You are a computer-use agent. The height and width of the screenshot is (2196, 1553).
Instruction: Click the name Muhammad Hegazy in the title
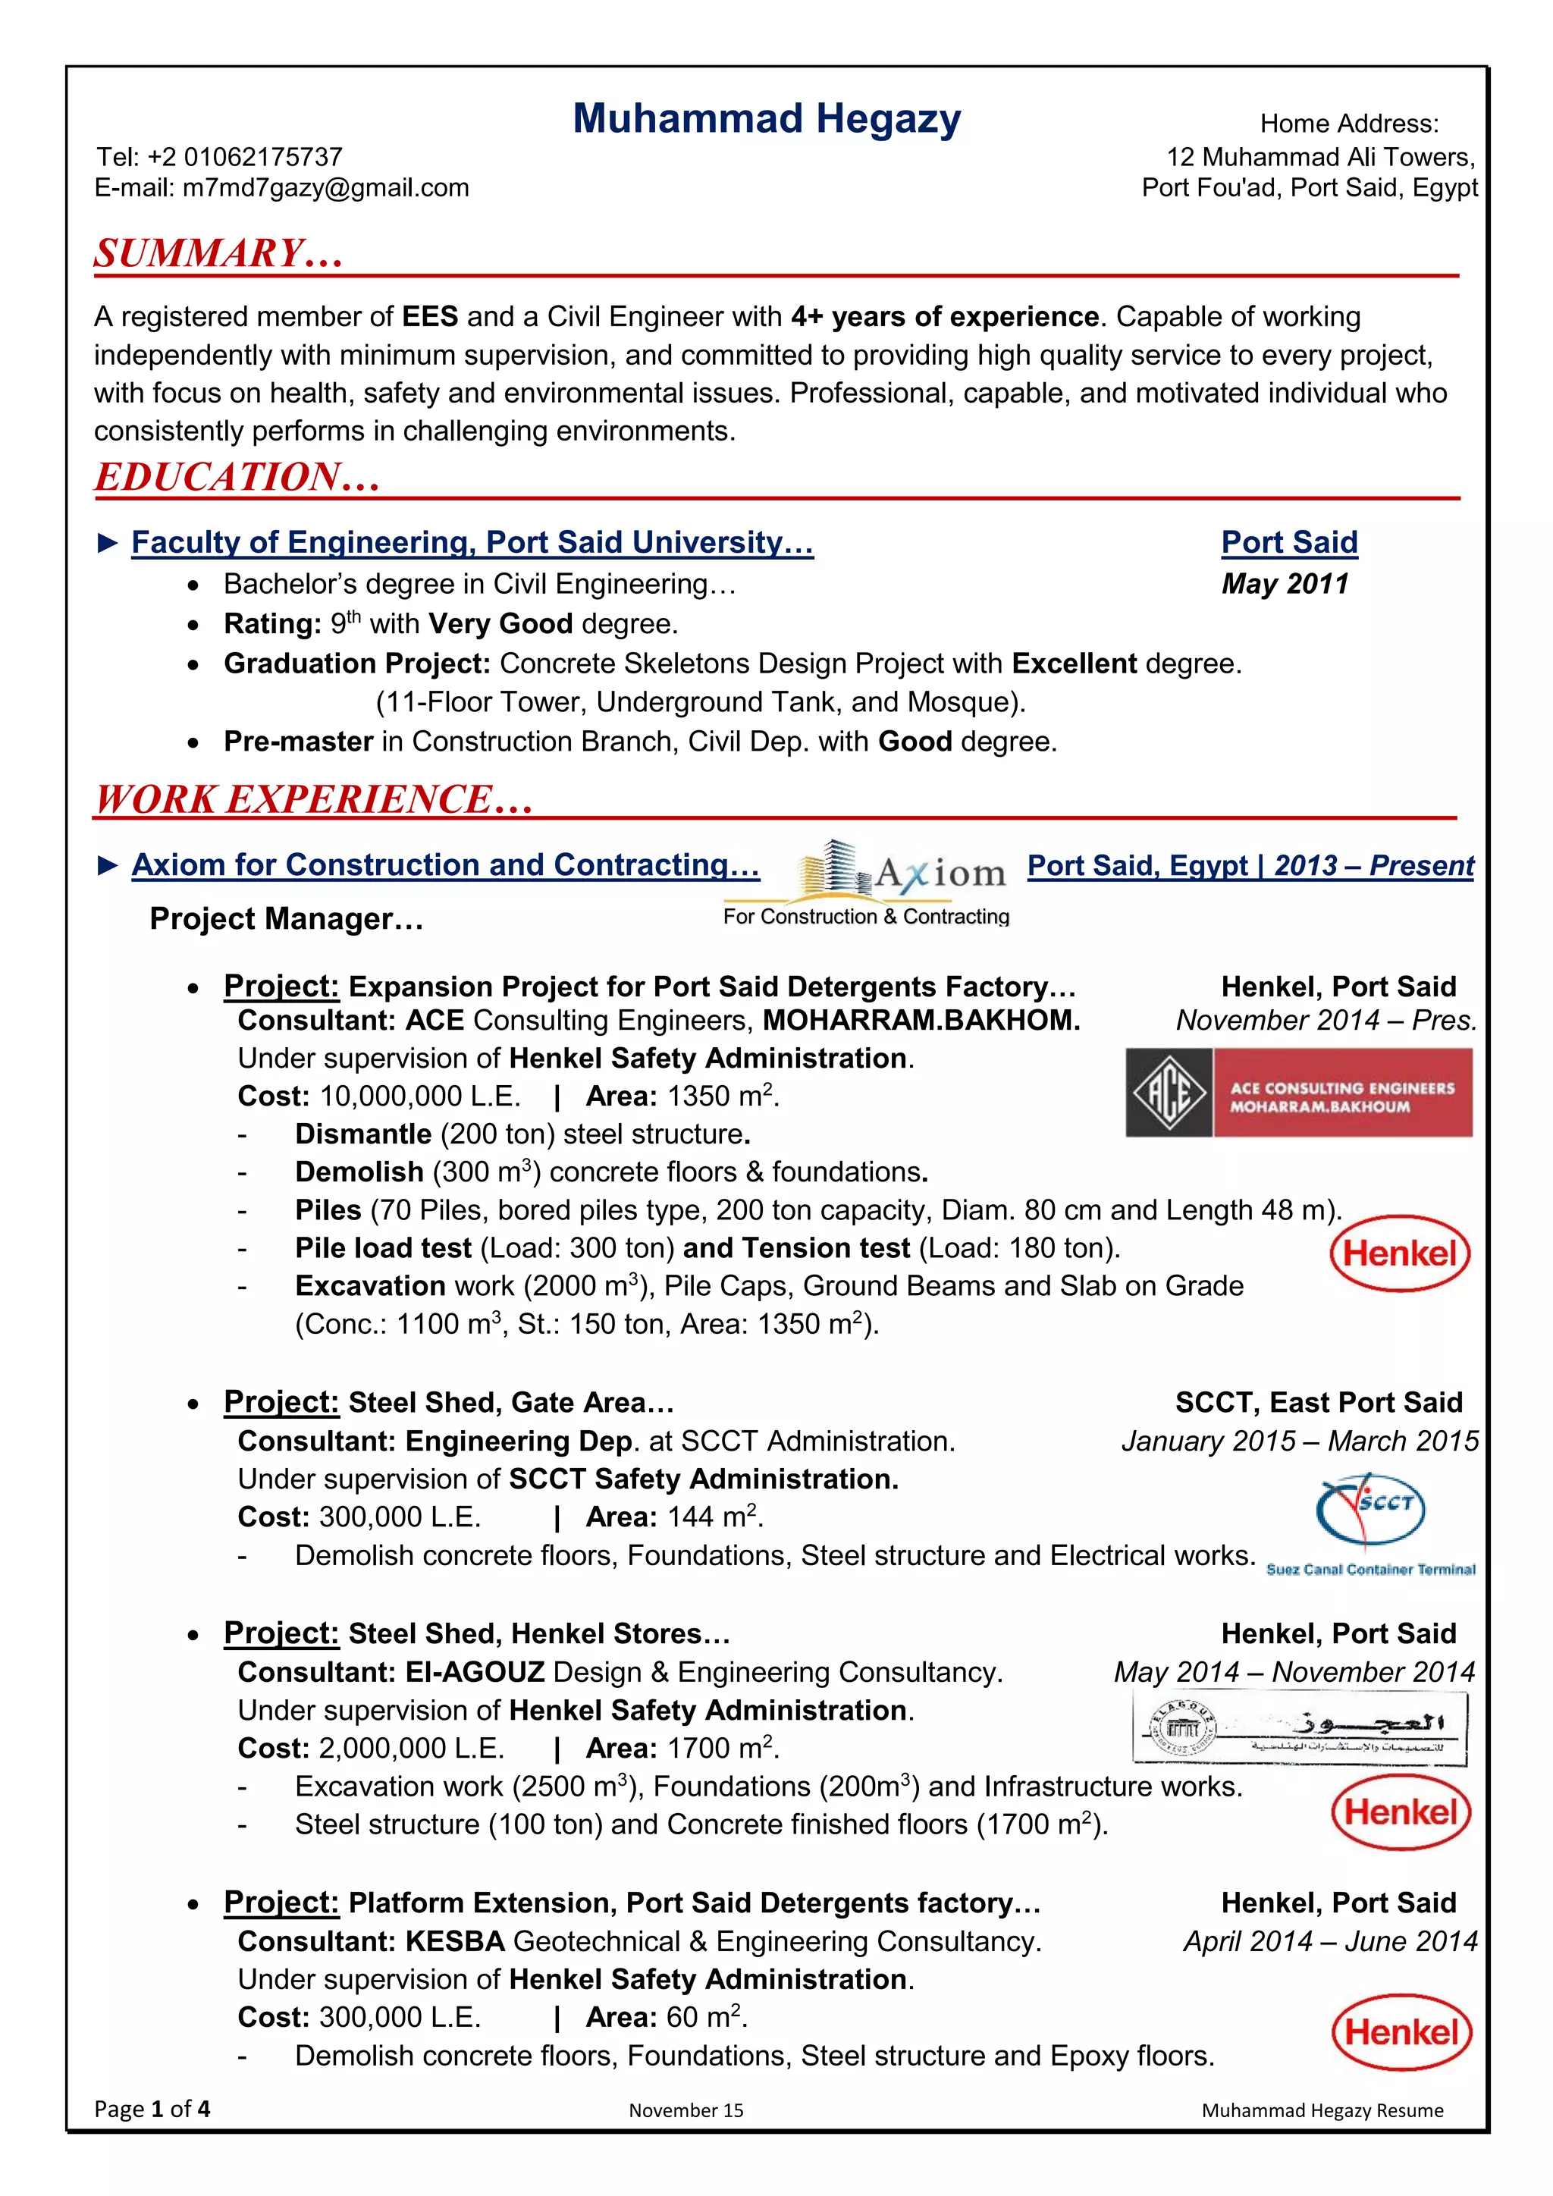pos(766,120)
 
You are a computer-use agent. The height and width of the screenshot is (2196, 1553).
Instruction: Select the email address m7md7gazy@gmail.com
pos(325,187)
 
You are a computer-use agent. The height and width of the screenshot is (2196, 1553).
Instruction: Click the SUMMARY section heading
pos(218,253)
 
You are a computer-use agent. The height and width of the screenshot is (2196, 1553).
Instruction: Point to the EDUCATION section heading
pos(237,477)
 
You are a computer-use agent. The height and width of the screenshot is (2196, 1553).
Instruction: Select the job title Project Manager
pos(286,918)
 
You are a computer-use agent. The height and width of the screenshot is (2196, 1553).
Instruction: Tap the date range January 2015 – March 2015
pos(1300,1441)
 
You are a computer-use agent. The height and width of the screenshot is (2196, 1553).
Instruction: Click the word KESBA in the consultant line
pos(454,1940)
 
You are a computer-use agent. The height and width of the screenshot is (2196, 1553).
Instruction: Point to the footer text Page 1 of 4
pos(152,2109)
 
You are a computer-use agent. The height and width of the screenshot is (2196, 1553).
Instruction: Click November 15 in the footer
pos(686,2110)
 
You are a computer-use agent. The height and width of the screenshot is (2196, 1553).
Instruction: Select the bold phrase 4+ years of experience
pos(945,316)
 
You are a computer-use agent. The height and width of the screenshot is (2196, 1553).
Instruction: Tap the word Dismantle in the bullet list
pos(363,1134)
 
